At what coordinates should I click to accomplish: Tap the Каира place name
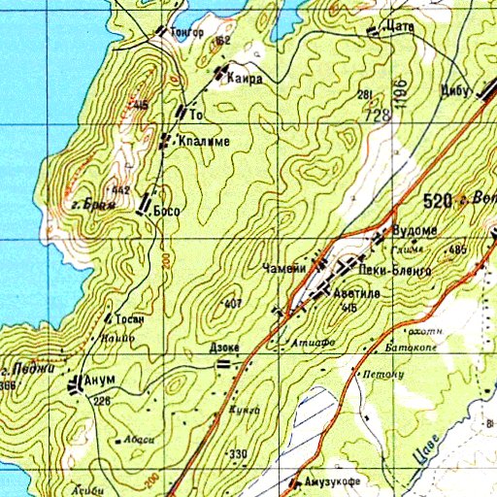(246, 80)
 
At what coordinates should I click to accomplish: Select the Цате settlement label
(399, 27)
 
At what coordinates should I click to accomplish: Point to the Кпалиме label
(203, 142)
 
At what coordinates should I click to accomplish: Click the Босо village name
(168, 209)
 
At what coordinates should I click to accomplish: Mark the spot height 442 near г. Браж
(120, 189)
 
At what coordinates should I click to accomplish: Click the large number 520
(439, 201)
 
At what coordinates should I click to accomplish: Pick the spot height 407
(231, 304)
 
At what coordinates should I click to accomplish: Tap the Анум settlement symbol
(76, 384)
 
